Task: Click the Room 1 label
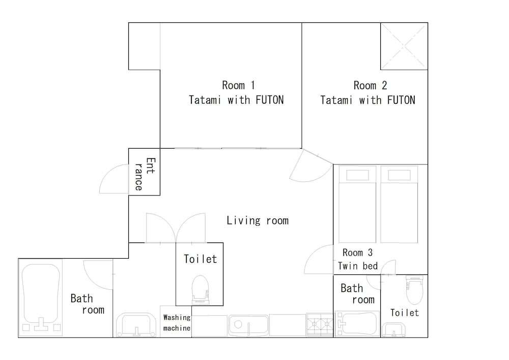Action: click(236, 93)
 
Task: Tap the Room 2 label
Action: click(368, 93)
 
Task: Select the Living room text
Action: click(258, 220)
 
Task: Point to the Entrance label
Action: click(145, 174)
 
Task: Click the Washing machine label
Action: click(177, 323)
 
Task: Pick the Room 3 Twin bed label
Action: click(358, 259)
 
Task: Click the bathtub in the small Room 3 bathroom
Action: click(357, 323)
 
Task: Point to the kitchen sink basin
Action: click(249, 325)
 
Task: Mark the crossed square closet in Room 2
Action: click(404, 46)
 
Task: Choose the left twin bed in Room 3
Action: click(357, 204)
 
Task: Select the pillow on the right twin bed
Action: click(399, 175)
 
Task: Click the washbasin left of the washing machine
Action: click(136, 324)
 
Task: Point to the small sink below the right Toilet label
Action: click(393, 330)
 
